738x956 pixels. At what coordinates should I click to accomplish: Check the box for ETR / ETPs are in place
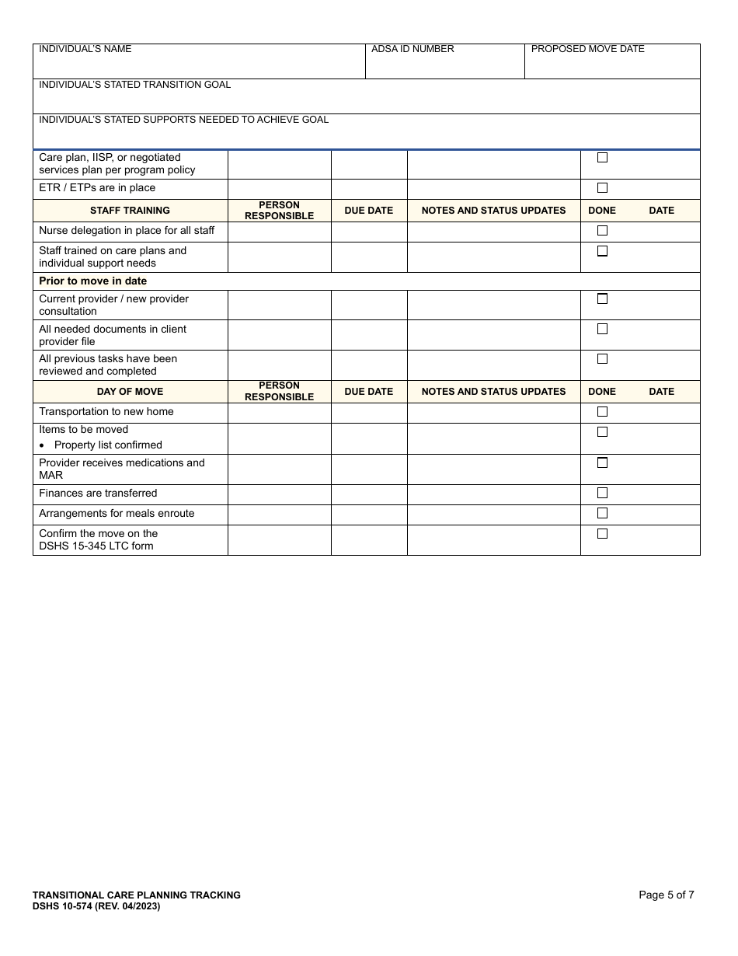pyautogui.click(x=602, y=188)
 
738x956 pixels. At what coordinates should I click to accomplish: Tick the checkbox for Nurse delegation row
pyautogui.click(x=602, y=231)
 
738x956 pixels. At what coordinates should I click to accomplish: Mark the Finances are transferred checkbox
pyautogui.click(x=602, y=493)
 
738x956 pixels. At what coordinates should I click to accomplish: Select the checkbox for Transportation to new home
pyautogui.click(x=602, y=412)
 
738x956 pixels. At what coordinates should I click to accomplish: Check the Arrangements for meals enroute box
pyautogui.click(x=602, y=513)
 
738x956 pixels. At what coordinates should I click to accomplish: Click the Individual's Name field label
pyautogui.click(x=85, y=49)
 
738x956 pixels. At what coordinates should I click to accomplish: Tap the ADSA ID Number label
pyautogui.click(x=413, y=49)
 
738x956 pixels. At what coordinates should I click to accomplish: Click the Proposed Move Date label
pyautogui.click(x=588, y=49)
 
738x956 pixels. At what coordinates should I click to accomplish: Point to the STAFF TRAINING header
pyautogui.click(x=130, y=211)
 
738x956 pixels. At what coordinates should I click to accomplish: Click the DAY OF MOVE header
pyautogui.click(x=130, y=392)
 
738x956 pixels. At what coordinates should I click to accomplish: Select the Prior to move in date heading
pyautogui.click(x=93, y=281)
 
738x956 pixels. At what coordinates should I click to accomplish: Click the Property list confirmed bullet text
pyautogui.click(x=108, y=445)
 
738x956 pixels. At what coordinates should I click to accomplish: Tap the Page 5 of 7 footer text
pyautogui.click(x=667, y=895)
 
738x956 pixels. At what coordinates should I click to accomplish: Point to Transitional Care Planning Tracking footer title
pyautogui.click(x=137, y=895)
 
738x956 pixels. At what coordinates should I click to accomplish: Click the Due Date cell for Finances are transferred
pyautogui.click(x=369, y=494)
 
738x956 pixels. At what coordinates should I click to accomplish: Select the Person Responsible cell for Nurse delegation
pyautogui.click(x=279, y=232)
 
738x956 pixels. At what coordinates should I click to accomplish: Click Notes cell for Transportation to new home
pyautogui.click(x=493, y=413)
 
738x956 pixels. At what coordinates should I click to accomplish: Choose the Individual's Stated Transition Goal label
pyautogui.click(x=135, y=85)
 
